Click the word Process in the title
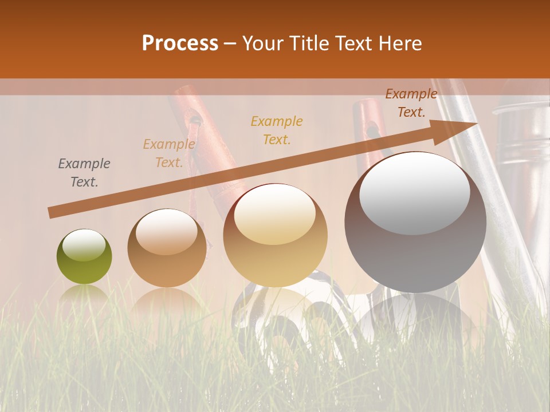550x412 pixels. [180, 43]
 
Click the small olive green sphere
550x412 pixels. [84, 257]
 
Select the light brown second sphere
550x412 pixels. [167, 248]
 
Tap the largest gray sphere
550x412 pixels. [415, 222]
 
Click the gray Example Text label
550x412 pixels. [84, 173]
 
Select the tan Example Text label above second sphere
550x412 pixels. [168, 153]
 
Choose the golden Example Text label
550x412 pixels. [277, 130]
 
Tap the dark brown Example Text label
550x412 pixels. [411, 103]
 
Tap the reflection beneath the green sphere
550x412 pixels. [85, 295]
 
